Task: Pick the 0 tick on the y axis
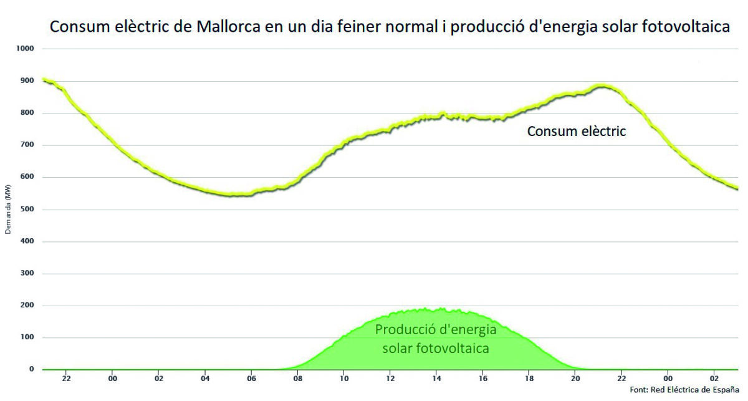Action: pyautogui.click(x=31, y=369)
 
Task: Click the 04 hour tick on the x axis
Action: pyautogui.click(x=205, y=379)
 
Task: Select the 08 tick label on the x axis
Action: pyautogui.click(x=298, y=379)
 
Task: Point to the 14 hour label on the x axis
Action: pyautogui.click(x=437, y=379)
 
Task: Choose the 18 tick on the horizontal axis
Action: pyautogui.click(x=529, y=379)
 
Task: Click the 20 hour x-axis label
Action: pyautogui.click(x=575, y=379)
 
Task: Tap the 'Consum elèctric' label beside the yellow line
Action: pyautogui.click(x=576, y=132)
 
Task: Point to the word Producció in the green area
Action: pyautogui.click(x=405, y=331)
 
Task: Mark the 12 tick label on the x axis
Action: pyautogui.click(x=390, y=379)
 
